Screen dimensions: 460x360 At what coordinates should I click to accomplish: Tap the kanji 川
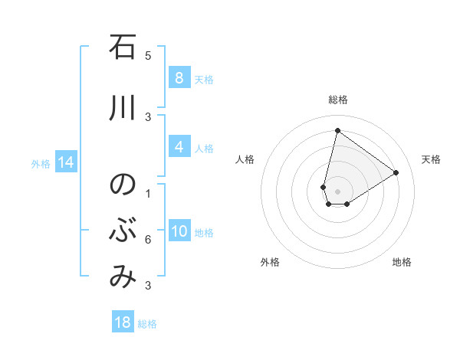tap(122, 108)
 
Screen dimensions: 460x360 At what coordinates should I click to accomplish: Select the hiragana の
tap(122, 185)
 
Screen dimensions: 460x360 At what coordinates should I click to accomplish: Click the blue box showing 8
tap(179, 77)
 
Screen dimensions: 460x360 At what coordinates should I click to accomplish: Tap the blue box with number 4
tap(179, 147)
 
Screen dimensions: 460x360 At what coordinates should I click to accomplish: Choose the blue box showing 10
tap(179, 231)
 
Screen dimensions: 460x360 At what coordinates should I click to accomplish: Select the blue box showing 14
tap(65, 162)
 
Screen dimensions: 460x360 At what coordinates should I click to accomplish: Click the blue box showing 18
tap(123, 322)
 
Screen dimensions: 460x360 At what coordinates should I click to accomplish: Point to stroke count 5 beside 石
tap(148, 56)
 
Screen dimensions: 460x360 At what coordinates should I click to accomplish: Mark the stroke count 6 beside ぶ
tap(148, 240)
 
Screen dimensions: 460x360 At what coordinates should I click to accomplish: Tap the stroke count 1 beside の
tap(148, 193)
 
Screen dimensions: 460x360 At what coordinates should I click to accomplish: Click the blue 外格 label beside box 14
tap(41, 163)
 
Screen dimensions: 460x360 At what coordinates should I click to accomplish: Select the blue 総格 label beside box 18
tap(147, 324)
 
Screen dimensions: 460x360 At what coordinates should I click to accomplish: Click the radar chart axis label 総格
tap(337, 100)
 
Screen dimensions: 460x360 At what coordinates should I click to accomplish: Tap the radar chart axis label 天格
tap(431, 159)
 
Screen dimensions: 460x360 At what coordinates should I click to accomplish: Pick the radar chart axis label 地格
tap(402, 262)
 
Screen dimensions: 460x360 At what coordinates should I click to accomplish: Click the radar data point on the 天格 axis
tap(396, 172)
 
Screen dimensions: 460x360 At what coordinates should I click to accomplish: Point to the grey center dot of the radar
tap(337, 191)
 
